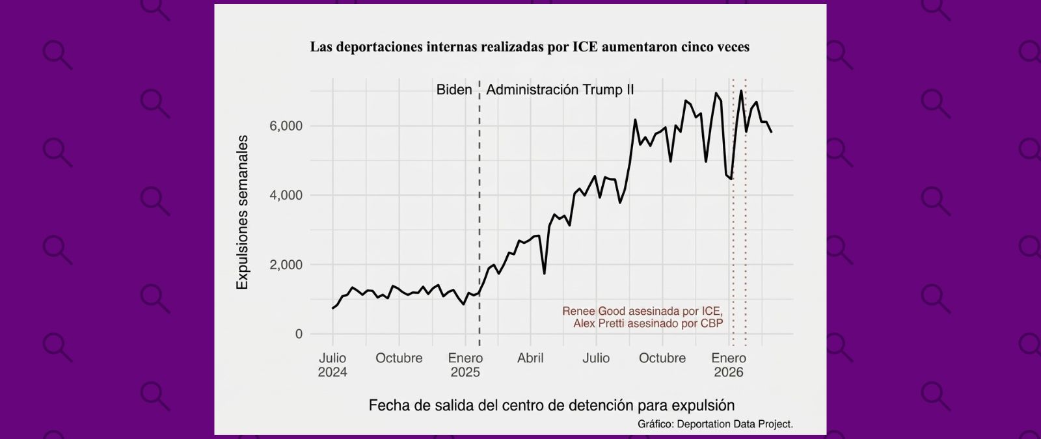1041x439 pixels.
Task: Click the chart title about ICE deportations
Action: [x=529, y=47]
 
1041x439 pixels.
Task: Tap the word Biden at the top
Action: [x=454, y=90]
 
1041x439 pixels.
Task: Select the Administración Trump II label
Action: [x=560, y=90]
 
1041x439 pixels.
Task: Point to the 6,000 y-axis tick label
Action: [x=286, y=126]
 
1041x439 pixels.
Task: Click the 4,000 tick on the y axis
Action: [x=286, y=195]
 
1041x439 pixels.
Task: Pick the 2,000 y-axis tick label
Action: [x=286, y=265]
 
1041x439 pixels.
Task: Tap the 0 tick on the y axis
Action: [x=299, y=334]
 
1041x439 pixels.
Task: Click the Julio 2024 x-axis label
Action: [x=332, y=365]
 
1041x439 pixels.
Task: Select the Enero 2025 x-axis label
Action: [x=465, y=365]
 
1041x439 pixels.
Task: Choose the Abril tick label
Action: [x=530, y=358]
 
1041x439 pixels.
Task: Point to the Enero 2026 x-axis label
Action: [x=729, y=365]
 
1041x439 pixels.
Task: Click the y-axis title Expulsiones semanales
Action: [x=243, y=212]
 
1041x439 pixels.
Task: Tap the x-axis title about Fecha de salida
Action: [x=551, y=405]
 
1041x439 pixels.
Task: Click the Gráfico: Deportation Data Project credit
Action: [x=715, y=424]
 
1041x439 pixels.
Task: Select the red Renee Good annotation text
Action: [x=642, y=312]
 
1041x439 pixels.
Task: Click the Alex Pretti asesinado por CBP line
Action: [x=648, y=323]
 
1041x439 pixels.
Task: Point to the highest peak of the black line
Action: [x=741, y=90]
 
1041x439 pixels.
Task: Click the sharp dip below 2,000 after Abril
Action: [x=544, y=273]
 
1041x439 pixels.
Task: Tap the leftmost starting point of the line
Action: [x=332, y=308]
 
